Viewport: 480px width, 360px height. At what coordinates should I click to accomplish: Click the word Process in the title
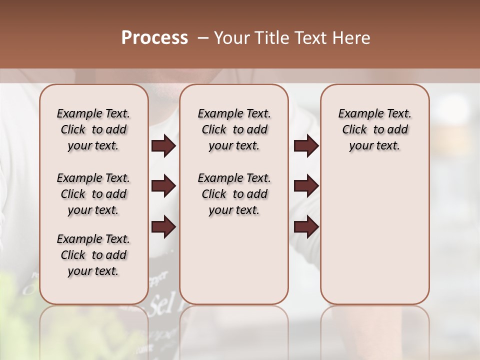pyautogui.click(x=154, y=38)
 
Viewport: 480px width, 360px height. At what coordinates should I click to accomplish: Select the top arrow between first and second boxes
pyautogui.click(x=163, y=146)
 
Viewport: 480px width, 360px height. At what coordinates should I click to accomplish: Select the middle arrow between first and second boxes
pyautogui.click(x=163, y=186)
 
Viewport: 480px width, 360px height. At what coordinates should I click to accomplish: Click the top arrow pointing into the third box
pyautogui.click(x=306, y=146)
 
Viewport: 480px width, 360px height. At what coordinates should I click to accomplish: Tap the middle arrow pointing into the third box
pyautogui.click(x=306, y=186)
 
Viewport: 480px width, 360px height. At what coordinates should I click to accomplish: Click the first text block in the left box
pyautogui.click(x=93, y=129)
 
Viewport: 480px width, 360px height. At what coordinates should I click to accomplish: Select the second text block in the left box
pyautogui.click(x=93, y=194)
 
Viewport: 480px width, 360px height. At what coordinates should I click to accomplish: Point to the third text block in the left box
pyautogui.click(x=93, y=255)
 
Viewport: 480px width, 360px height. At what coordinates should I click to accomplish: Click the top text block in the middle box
pyautogui.click(x=234, y=129)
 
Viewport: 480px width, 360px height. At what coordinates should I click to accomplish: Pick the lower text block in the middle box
pyautogui.click(x=234, y=194)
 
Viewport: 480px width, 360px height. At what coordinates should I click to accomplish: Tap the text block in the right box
pyautogui.click(x=374, y=129)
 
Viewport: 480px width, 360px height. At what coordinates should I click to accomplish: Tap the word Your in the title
pyautogui.click(x=231, y=38)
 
